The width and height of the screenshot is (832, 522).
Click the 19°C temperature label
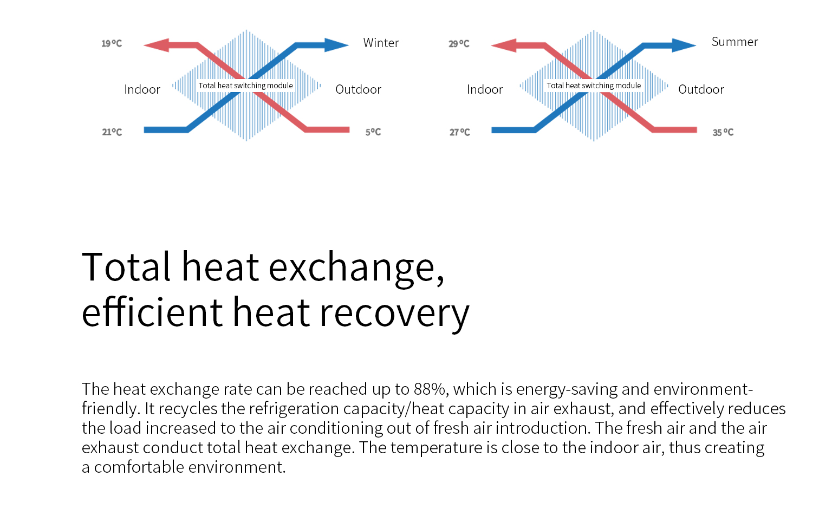pos(112,43)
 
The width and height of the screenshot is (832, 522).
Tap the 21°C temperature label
pos(112,132)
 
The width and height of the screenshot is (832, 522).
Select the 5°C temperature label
pos(373,132)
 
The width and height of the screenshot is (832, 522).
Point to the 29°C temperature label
pos(459,44)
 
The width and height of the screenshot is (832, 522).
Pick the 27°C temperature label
pos(459,132)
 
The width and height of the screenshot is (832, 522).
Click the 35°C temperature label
pos(723,132)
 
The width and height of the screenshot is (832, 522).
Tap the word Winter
pos(381,43)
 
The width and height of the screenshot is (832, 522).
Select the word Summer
pos(734,42)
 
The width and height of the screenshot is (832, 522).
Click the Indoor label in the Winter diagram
pos(142,89)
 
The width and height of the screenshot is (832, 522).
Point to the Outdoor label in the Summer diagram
pos(701,89)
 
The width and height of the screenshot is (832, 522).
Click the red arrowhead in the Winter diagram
pos(157,45)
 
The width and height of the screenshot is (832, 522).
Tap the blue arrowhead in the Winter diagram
pos(336,45)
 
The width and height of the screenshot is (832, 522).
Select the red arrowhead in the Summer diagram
pos(504,45)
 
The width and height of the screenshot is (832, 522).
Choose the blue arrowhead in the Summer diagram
pos(684,45)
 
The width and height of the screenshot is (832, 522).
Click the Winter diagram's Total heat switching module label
pos(245,86)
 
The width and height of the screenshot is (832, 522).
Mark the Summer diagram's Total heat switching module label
pos(594,86)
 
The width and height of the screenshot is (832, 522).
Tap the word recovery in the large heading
pos(394,312)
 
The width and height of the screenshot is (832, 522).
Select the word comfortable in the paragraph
pos(139,467)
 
